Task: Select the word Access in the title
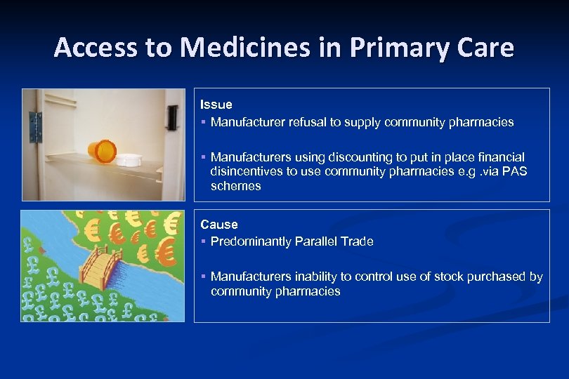click(96, 48)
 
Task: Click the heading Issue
click(216, 105)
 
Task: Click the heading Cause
click(219, 225)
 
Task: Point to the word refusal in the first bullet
click(308, 122)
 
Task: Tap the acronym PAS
click(516, 172)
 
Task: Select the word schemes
click(235, 186)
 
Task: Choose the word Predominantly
click(249, 241)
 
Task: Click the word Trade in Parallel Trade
click(356, 241)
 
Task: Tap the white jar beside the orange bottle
click(128, 159)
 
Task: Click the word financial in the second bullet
click(499, 157)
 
